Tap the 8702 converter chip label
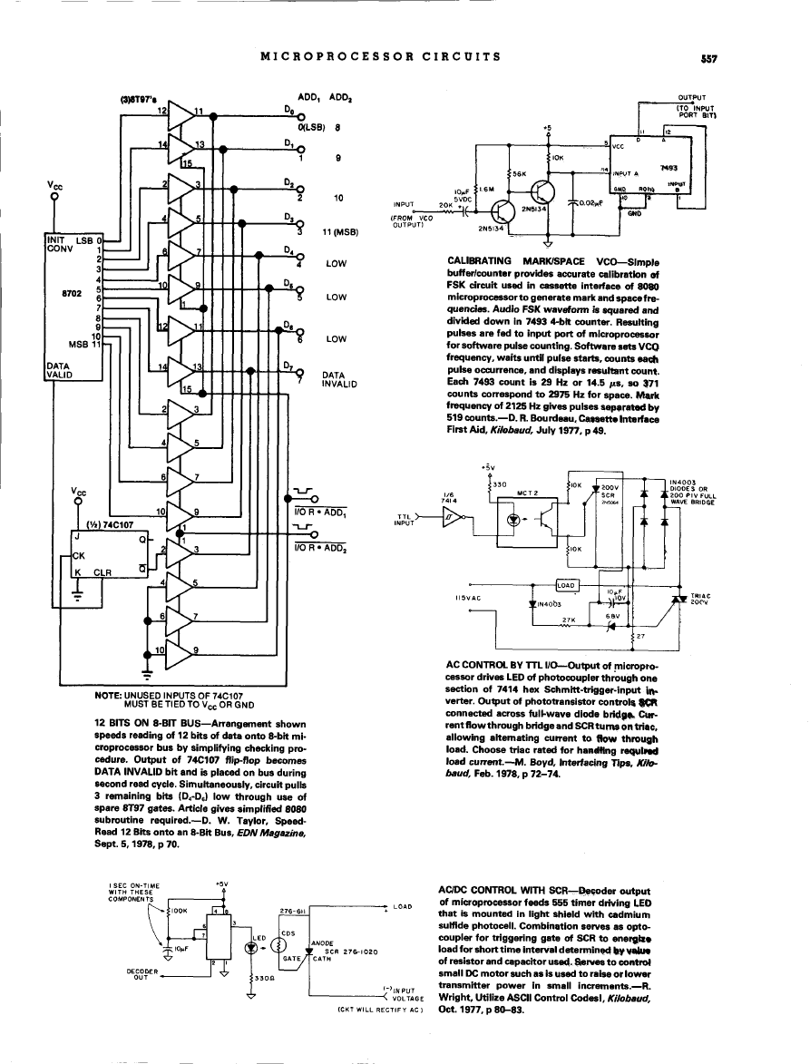point(73,294)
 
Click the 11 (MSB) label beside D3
point(341,231)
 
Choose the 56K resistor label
point(521,172)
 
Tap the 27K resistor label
point(570,619)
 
